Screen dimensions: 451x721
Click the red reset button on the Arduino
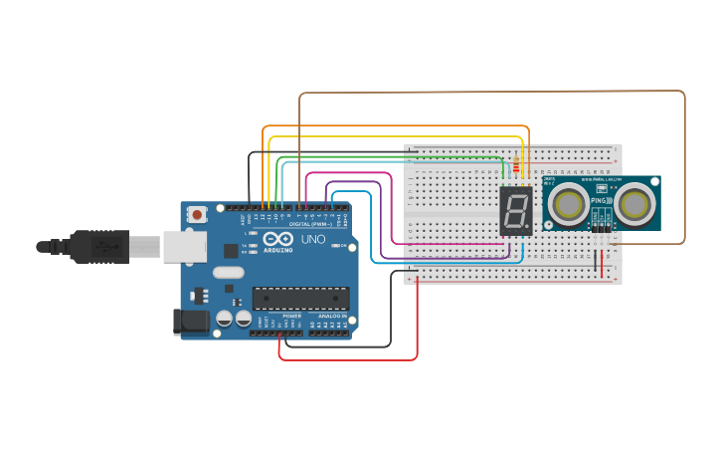197,214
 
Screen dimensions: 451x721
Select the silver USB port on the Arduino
184,246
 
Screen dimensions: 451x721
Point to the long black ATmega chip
300,297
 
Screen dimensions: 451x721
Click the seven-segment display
516,210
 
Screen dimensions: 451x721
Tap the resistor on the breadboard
515,165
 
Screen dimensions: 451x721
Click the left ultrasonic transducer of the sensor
569,204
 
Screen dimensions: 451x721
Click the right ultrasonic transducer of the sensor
633,204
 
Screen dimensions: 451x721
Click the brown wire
497,93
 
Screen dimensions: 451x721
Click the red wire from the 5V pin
348,359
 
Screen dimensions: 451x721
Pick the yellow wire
398,136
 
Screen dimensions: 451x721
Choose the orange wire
398,126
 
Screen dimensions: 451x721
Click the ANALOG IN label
331,316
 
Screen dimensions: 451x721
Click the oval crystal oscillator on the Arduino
228,272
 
